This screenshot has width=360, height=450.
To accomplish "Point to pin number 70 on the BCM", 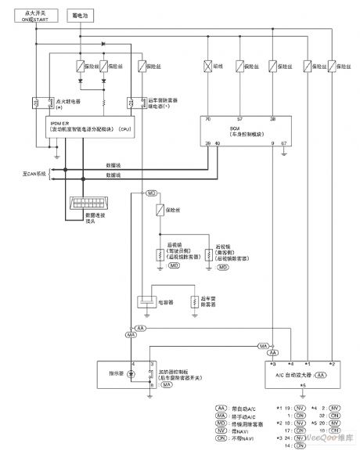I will [x=207, y=120].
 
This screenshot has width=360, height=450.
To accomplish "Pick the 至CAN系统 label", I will [x=16, y=172].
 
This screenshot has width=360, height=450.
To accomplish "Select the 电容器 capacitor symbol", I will [x=146, y=301].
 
